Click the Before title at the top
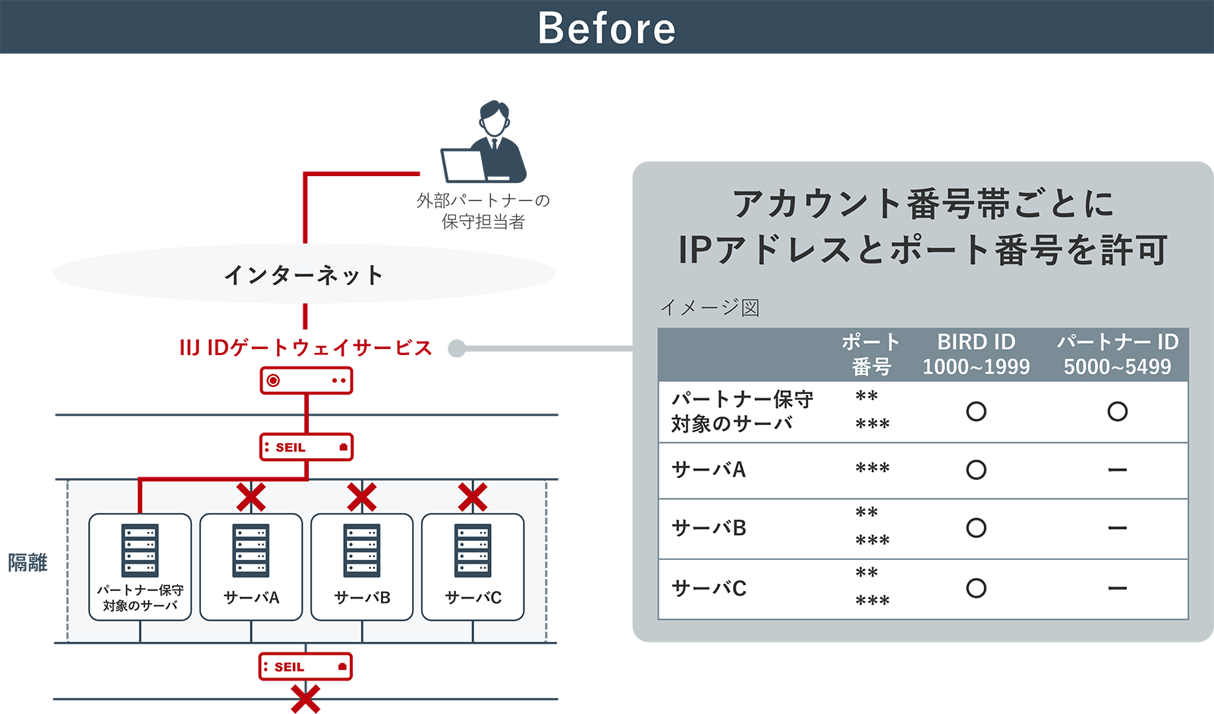click(x=606, y=29)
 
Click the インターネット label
click(x=303, y=275)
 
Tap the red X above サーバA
click(x=251, y=498)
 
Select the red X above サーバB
click(x=362, y=498)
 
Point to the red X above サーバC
click(x=473, y=498)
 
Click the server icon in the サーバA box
click(x=251, y=550)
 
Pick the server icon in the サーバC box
click(x=473, y=550)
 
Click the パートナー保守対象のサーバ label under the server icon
click(x=140, y=598)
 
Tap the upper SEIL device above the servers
click(x=306, y=447)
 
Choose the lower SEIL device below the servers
click(x=305, y=667)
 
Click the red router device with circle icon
click(x=307, y=380)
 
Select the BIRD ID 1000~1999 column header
click(x=976, y=354)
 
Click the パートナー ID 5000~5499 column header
click(x=1118, y=354)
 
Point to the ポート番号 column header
click(x=871, y=354)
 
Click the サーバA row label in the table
click(x=709, y=470)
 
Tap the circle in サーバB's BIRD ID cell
click(x=977, y=528)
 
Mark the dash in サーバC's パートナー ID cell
click(x=1118, y=588)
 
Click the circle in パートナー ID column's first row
click(x=1118, y=411)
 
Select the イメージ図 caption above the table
click(x=710, y=307)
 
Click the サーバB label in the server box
click(x=362, y=598)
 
